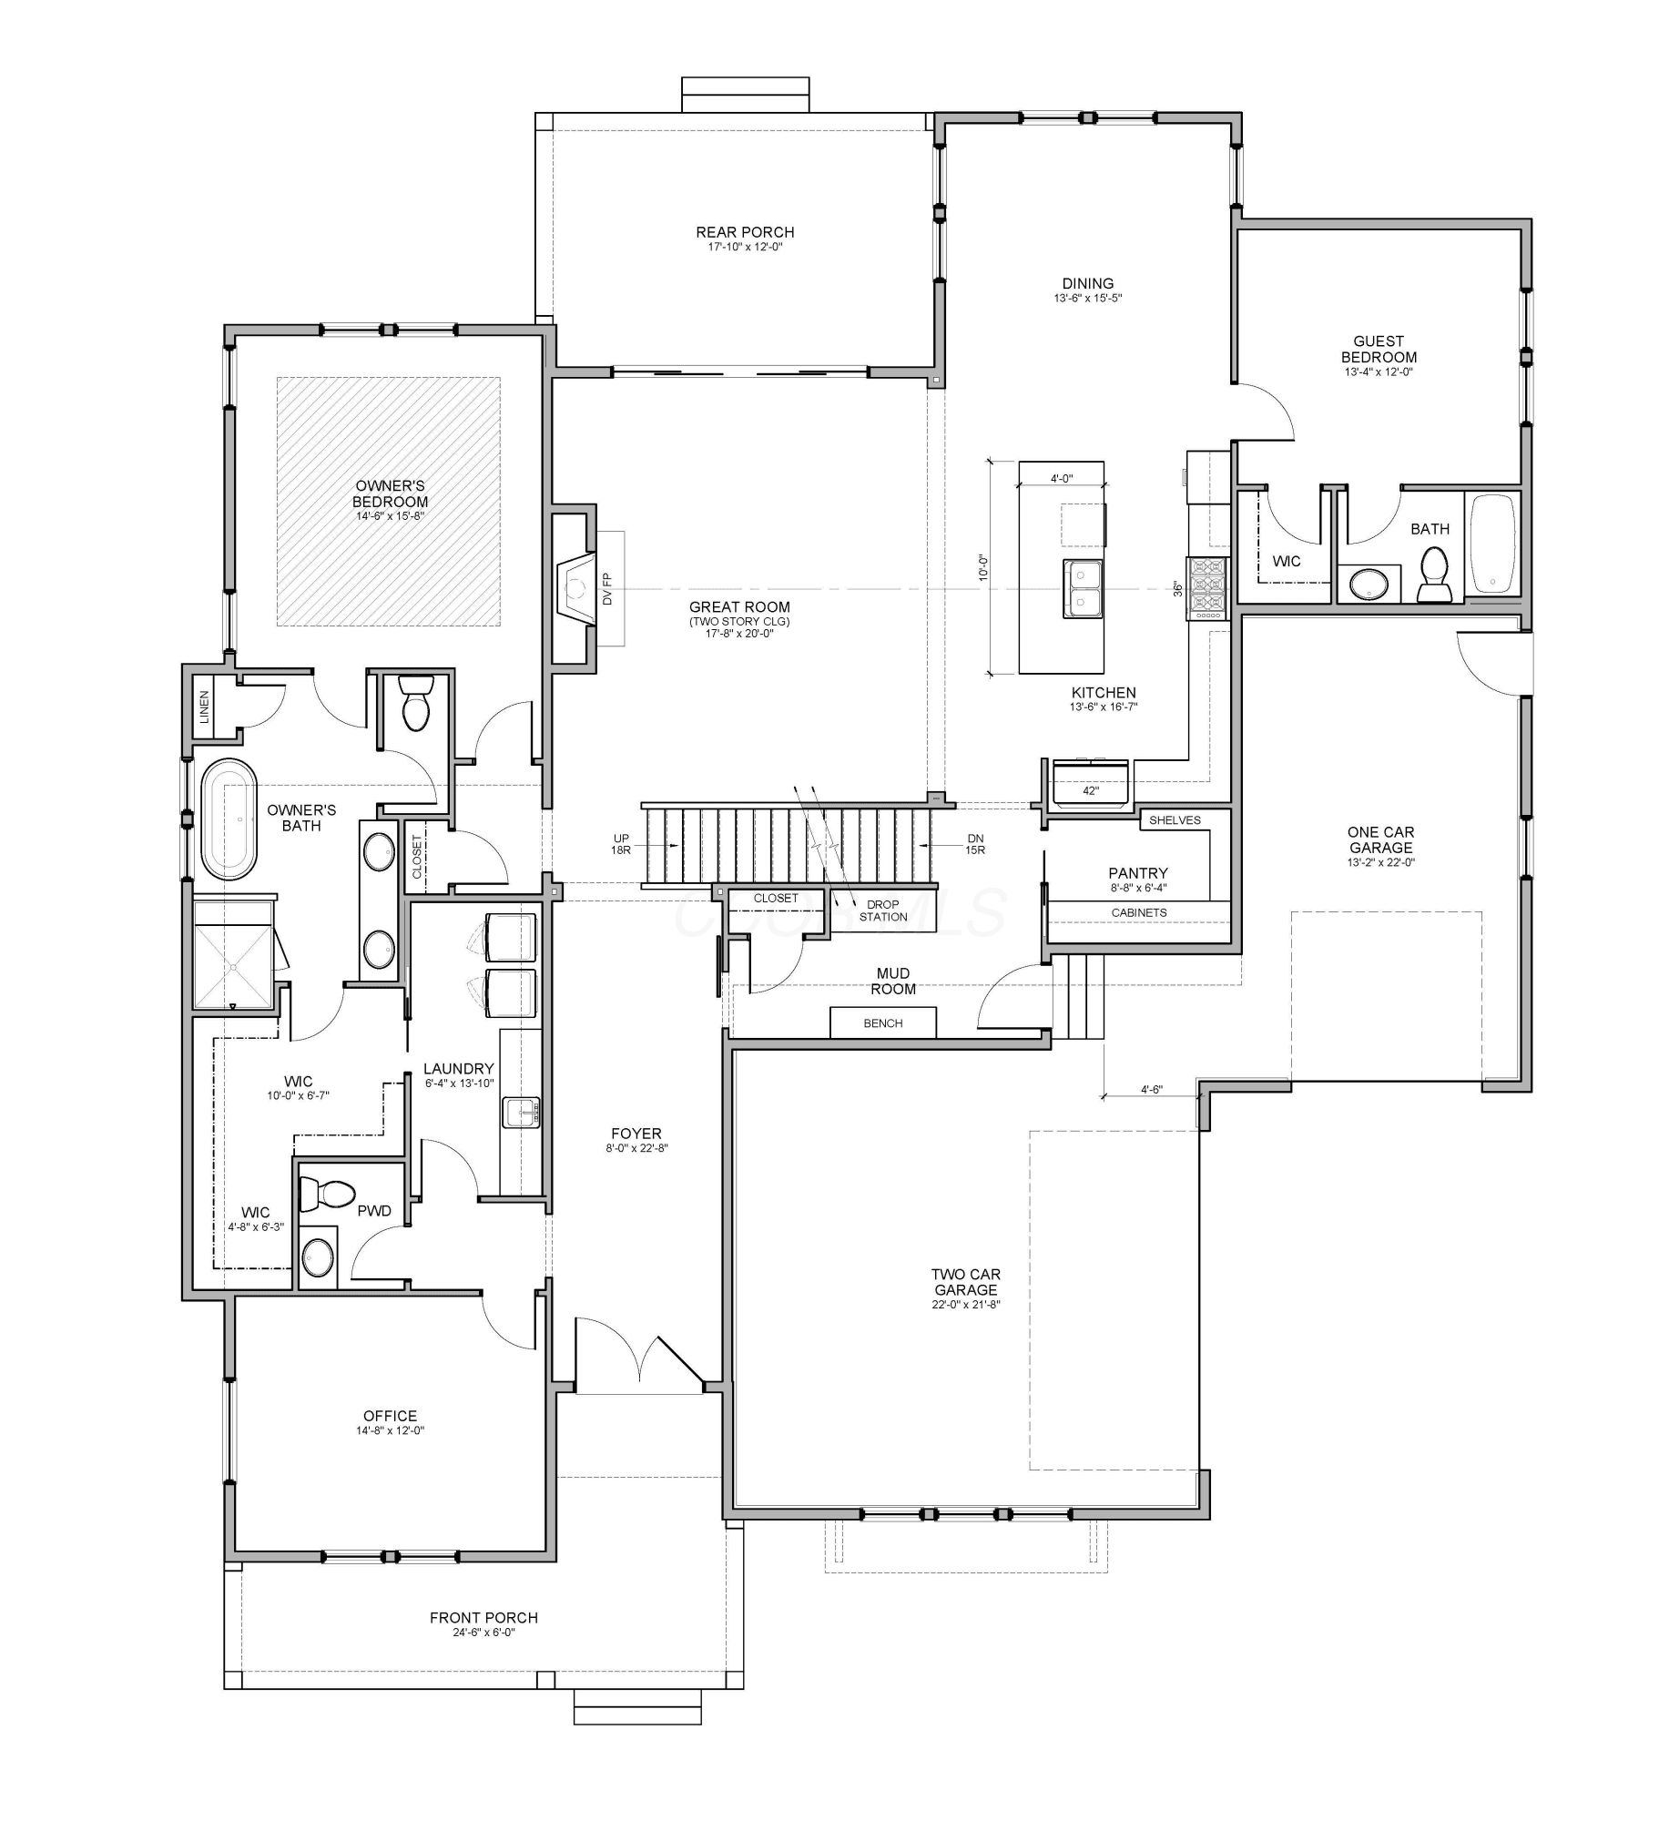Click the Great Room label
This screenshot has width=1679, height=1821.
click(739, 607)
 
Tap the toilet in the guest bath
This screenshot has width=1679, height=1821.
click(1435, 575)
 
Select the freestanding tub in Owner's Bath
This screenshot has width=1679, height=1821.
click(229, 819)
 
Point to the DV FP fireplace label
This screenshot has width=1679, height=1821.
click(607, 588)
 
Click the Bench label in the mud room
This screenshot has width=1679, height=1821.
click(882, 1023)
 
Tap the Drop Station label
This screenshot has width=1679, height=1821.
click(882, 910)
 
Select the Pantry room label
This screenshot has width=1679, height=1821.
click(1138, 873)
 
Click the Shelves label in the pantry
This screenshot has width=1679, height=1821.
click(1175, 820)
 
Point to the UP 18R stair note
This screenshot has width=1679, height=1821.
click(621, 844)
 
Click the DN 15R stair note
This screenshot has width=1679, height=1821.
click(975, 844)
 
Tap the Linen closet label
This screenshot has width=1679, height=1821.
click(205, 707)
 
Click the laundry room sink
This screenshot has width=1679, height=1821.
click(521, 1112)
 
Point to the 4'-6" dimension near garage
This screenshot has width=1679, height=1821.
click(1152, 1089)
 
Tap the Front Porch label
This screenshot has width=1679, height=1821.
click(483, 1618)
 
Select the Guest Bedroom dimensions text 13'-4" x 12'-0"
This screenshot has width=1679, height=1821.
click(1379, 371)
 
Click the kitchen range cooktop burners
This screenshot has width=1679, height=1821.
click(1207, 589)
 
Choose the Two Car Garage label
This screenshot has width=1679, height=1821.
click(966, 1282)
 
